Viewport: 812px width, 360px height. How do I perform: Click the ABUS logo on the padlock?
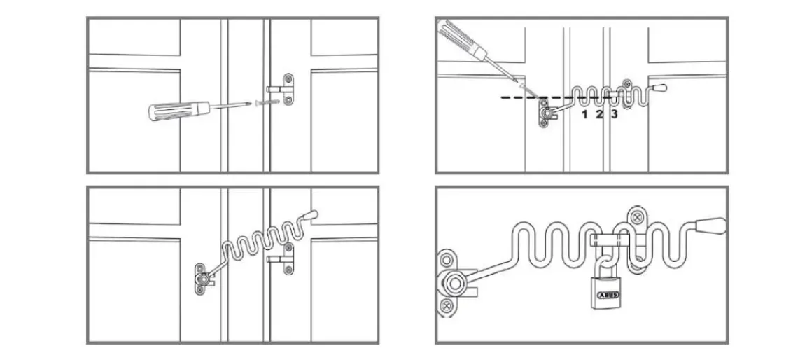coord(608,296)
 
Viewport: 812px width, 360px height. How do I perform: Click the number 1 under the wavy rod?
coord(584,114)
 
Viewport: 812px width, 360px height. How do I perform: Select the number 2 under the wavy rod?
coord(599,114)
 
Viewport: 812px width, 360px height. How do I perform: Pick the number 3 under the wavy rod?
coord(614,114)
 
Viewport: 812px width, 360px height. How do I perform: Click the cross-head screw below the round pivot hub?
coord(446,307)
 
